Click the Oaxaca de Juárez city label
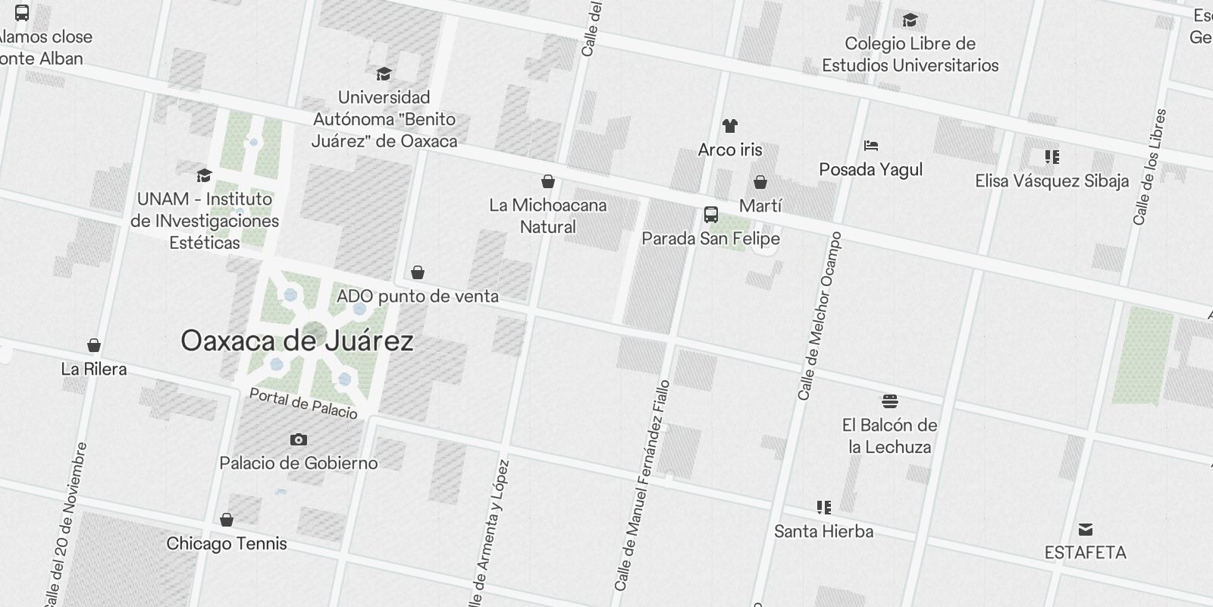(297, 341)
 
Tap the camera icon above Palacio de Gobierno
(299, 439)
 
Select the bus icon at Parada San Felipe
(710, 215)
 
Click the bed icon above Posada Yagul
(870, 146)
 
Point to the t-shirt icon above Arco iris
(729, 126)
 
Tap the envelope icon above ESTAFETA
(1086, 529)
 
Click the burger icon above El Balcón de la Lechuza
(890, 401)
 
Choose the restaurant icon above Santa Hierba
(824, 507)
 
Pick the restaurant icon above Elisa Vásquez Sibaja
(1052, 157)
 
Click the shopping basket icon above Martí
(760, 182)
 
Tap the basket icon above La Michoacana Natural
(547, 181)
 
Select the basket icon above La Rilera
(94, 346)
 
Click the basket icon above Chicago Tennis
(226, 520)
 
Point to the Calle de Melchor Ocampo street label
(819, 316)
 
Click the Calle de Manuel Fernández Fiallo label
(643, 486)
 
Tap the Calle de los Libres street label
(1149, 167)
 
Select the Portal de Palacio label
(303, 404)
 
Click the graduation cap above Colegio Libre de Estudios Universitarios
(910, 20)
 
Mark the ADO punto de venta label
(418, 296)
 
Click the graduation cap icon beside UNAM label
(204, 176)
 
